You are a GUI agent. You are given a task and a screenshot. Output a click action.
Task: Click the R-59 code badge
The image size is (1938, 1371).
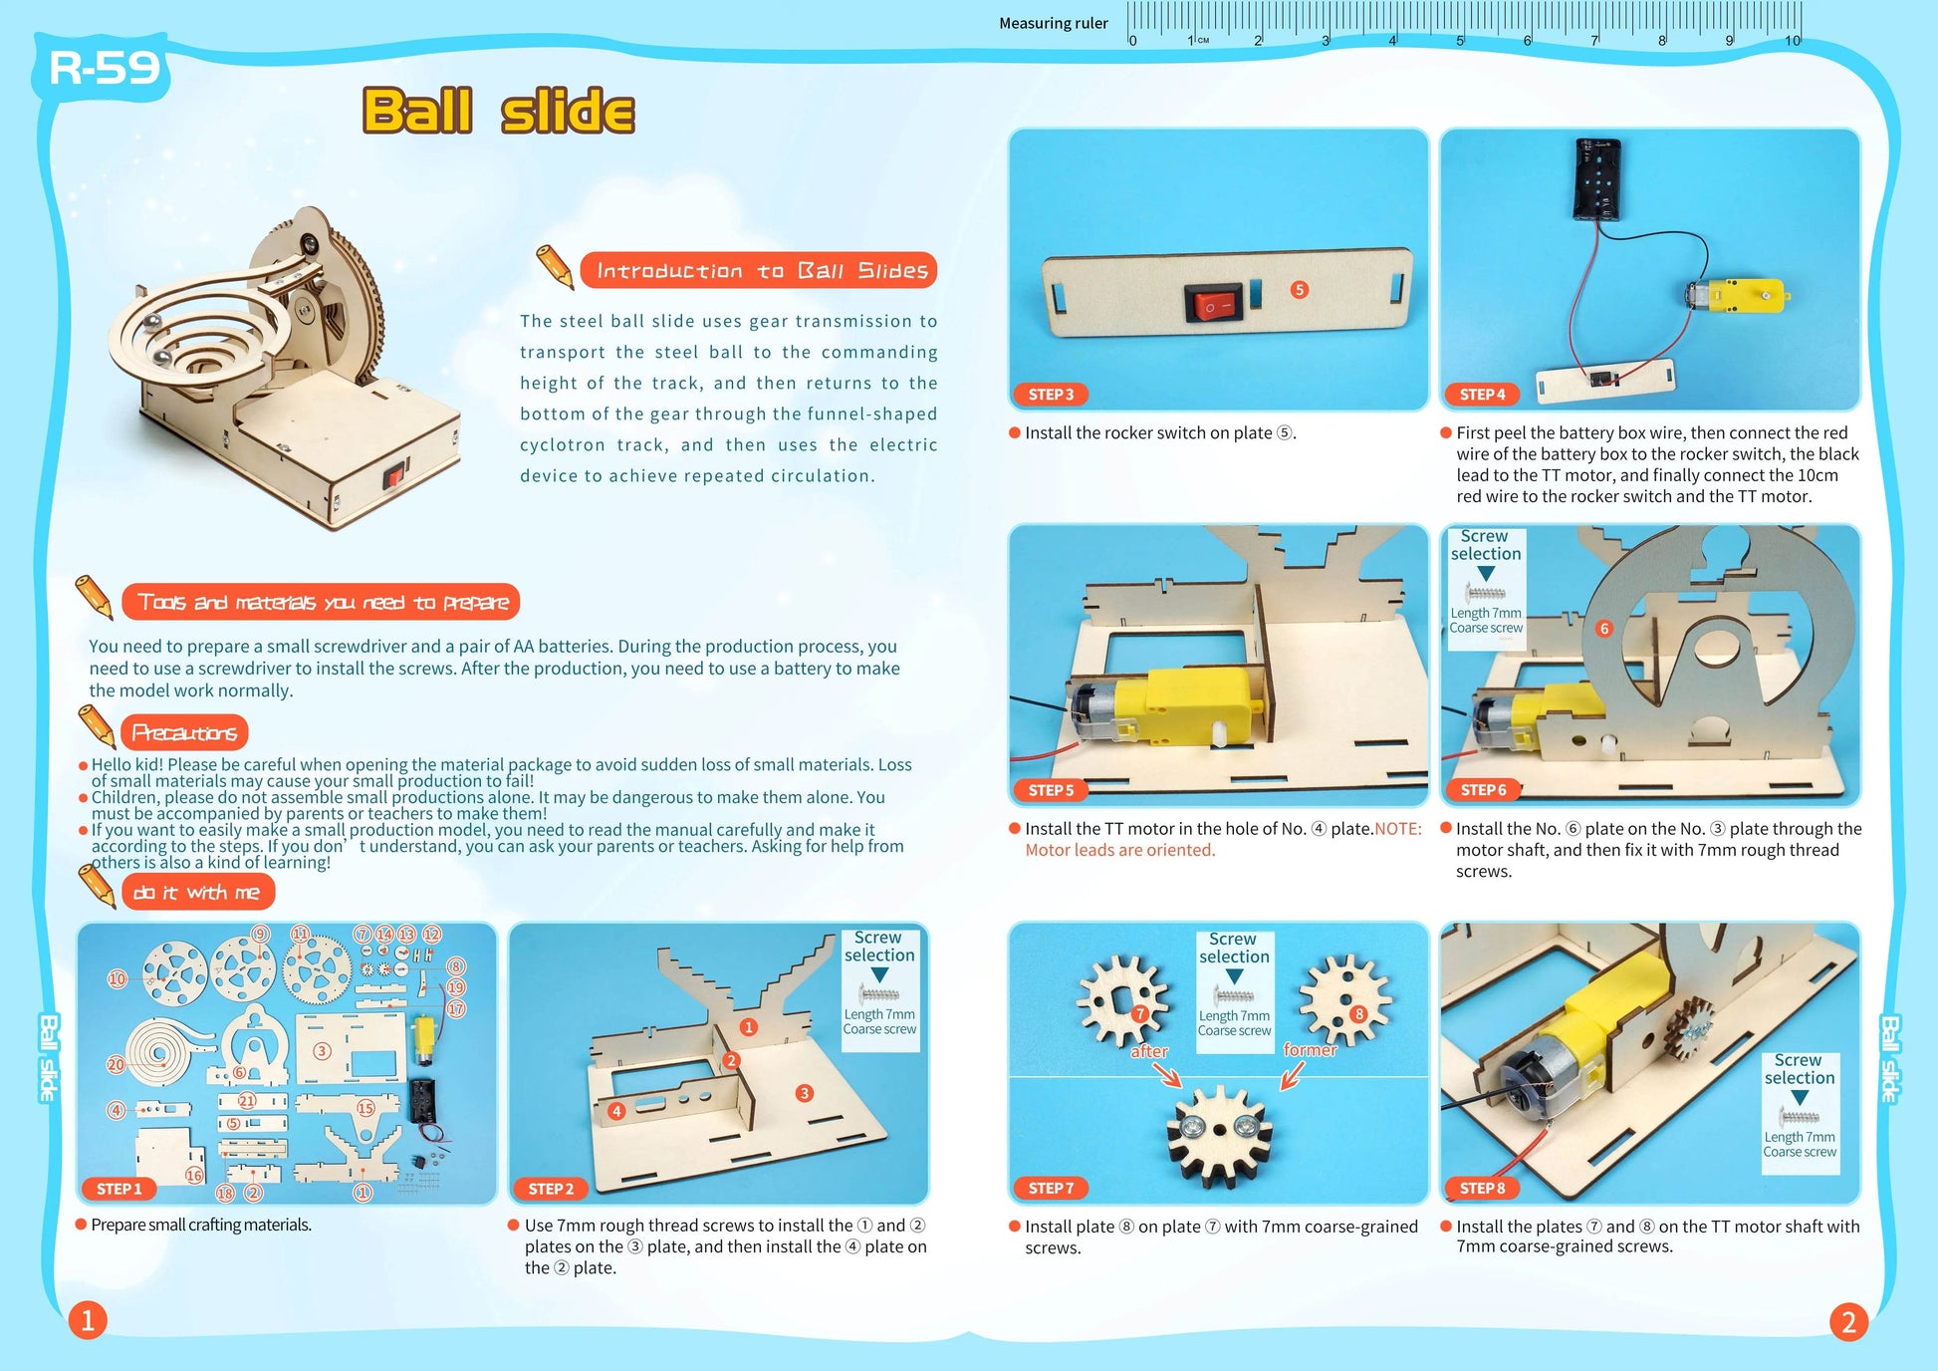pyautogui.click(x=105, y=68)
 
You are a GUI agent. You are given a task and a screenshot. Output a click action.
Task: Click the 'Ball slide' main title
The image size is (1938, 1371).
pyautogui.click(x=498, y=111)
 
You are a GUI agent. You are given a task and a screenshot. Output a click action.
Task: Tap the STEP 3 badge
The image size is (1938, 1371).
pyautogui.click(x=1051, y=395)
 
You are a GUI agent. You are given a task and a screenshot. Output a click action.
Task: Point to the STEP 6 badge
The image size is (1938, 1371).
pyautogui.click(x=1483, y=790)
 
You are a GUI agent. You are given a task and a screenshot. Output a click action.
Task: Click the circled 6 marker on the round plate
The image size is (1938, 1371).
pyautogui.click(x=1603, y=629)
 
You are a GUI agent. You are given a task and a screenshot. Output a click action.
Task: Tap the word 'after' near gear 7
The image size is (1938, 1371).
pyautogui.click(x=1148, y=1052)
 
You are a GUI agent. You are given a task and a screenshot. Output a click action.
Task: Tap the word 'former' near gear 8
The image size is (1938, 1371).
pyautogui.click(x=1310, y=1050)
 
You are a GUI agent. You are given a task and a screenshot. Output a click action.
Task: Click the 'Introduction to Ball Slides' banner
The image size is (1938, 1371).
pyautogui.click(x=760, y=271)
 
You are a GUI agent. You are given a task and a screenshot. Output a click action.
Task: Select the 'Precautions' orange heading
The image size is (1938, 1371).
pyautogui.click(x=184, y=733)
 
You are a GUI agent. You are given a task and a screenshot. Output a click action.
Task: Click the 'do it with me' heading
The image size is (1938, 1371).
pyautogui.click(x=197, y=893)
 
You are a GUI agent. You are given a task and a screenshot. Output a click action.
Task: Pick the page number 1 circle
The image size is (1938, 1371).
pyautogui.click(x=88, y=1321)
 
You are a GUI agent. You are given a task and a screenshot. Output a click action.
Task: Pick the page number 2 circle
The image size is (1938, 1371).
pyautogui.click(x=1848, y=1322)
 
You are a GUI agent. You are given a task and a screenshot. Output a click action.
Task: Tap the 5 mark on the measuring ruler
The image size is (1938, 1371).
pyautogui.click(x=1461, y=40)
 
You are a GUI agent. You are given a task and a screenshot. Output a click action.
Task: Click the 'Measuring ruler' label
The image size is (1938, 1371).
pyautogui.click(x=1053, y=23)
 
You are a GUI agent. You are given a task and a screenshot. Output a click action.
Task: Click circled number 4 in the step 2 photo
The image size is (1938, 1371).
pyautogui.click(x=616, y=1111)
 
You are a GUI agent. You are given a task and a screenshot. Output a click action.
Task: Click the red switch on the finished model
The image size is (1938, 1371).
pyautogui.click(x=394, y=476)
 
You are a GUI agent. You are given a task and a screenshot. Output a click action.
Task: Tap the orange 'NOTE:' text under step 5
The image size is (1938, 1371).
pyautogui.click(x=1398, y=829)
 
